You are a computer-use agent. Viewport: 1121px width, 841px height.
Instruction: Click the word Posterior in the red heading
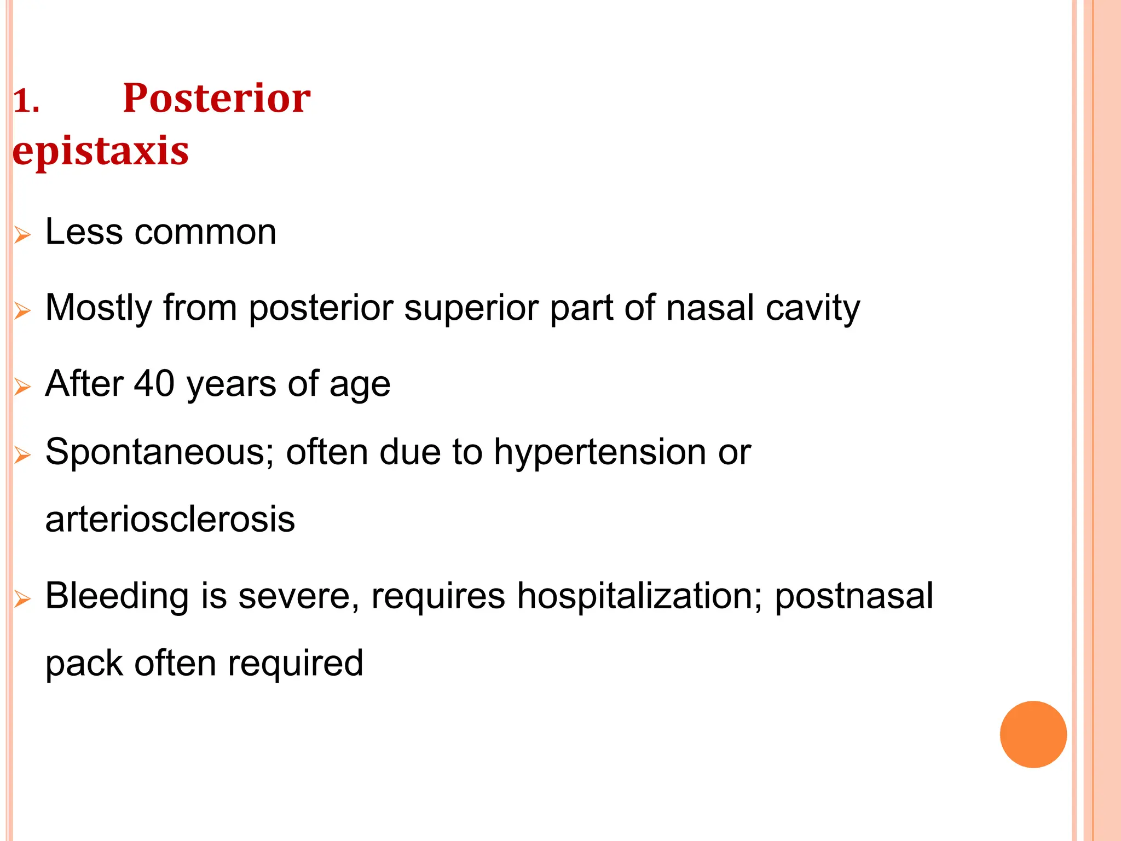216,99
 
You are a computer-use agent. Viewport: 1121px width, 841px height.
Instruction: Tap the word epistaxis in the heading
101,151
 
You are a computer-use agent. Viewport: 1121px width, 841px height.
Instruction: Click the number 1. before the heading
26,102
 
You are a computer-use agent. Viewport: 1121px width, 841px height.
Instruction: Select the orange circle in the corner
1033,734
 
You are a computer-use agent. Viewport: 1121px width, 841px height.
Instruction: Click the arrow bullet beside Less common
22,235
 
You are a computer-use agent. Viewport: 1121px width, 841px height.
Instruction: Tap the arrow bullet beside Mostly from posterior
22,311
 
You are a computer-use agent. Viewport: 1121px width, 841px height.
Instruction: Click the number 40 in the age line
154,383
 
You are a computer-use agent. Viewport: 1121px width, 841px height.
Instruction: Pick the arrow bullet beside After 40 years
22,387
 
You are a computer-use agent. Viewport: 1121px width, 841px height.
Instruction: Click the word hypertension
600,452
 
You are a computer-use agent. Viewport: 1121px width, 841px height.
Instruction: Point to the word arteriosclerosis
170,519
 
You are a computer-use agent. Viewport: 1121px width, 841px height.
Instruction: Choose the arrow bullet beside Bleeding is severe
22,599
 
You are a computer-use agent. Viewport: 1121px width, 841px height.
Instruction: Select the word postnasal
854,596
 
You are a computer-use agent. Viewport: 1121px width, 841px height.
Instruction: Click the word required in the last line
296,664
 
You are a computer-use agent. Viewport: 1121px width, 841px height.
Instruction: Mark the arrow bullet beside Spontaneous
22,455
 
